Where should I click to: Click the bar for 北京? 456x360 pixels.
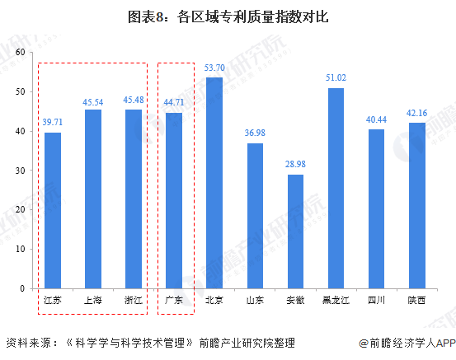214,183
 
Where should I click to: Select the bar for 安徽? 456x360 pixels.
295,231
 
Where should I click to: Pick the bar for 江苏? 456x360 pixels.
52,210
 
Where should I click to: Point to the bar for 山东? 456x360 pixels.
255,216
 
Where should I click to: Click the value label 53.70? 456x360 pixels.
214,68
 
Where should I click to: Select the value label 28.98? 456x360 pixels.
295,165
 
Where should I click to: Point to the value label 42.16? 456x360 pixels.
416,113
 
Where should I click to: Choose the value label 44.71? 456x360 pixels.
174,103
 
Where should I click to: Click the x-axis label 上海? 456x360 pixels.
92,300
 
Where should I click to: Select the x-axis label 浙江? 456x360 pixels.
133,300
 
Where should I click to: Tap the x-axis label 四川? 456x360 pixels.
376,300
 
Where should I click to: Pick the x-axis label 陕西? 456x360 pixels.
416,300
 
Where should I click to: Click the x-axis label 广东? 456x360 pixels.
174,300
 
